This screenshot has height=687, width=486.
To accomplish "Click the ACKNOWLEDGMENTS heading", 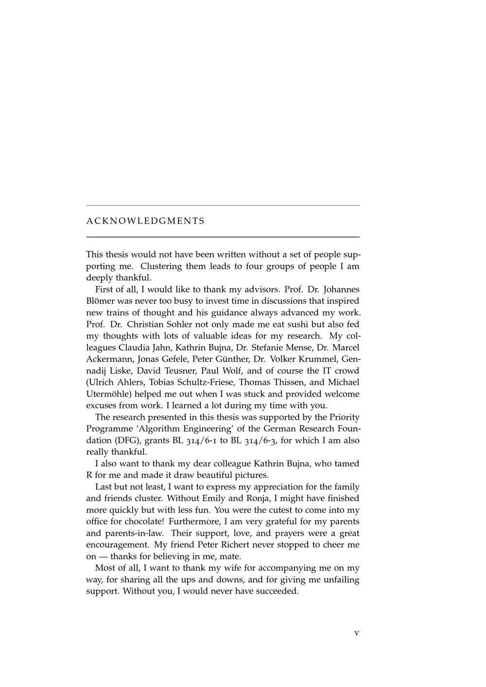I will tap(145, 221).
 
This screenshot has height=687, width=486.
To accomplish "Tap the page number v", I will tap(357, 633).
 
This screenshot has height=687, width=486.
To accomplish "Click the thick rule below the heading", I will tap(223, 237).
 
